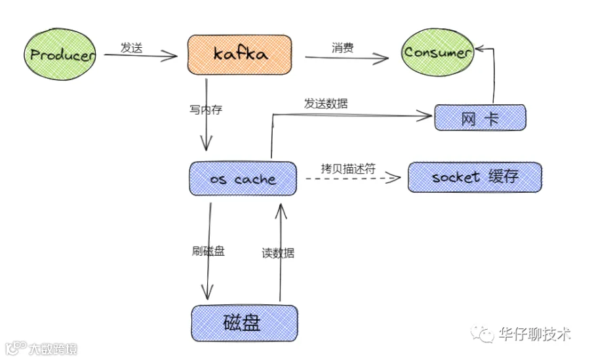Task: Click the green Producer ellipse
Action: [60, 54]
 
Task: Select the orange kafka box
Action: [240, 54]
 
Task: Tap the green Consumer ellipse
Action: [437, 52]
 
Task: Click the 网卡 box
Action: [480, 118]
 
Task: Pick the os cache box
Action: [243, 178]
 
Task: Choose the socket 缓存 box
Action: [475, 177]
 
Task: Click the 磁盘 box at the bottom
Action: [245, 323]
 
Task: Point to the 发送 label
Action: [131, 48]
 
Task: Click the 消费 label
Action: [342, 48]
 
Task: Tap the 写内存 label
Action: [206, 110]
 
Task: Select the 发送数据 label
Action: [326, 103]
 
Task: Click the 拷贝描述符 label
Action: [348, 169]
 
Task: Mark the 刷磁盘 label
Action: [208, 250]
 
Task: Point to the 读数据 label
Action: [278, 253]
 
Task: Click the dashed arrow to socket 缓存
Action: [353, 178]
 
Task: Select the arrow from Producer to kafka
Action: [141, 56]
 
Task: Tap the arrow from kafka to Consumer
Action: [347, 58]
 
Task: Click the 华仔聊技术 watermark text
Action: [535, 334]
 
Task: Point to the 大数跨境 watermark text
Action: [52, 349]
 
